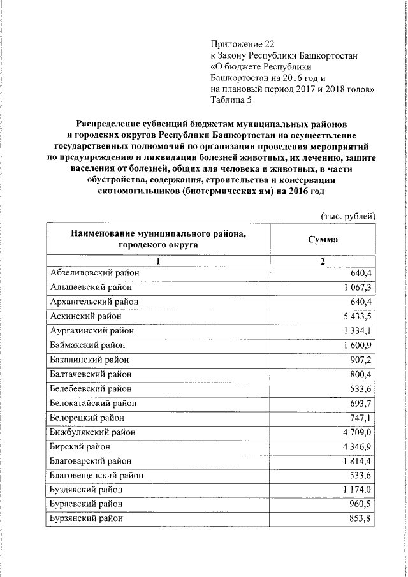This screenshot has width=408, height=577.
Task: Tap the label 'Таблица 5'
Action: click(231, 99)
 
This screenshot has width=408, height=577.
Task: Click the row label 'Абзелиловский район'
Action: click(94, 274)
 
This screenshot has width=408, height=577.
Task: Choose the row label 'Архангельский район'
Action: click(94, 302)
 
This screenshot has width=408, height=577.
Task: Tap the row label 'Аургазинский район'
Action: click(92, 330)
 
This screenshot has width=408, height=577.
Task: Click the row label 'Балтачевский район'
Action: click(92, 374)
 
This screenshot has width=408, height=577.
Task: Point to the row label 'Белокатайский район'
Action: click(93, 403)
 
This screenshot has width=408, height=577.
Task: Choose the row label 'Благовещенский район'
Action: click(96, 475)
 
